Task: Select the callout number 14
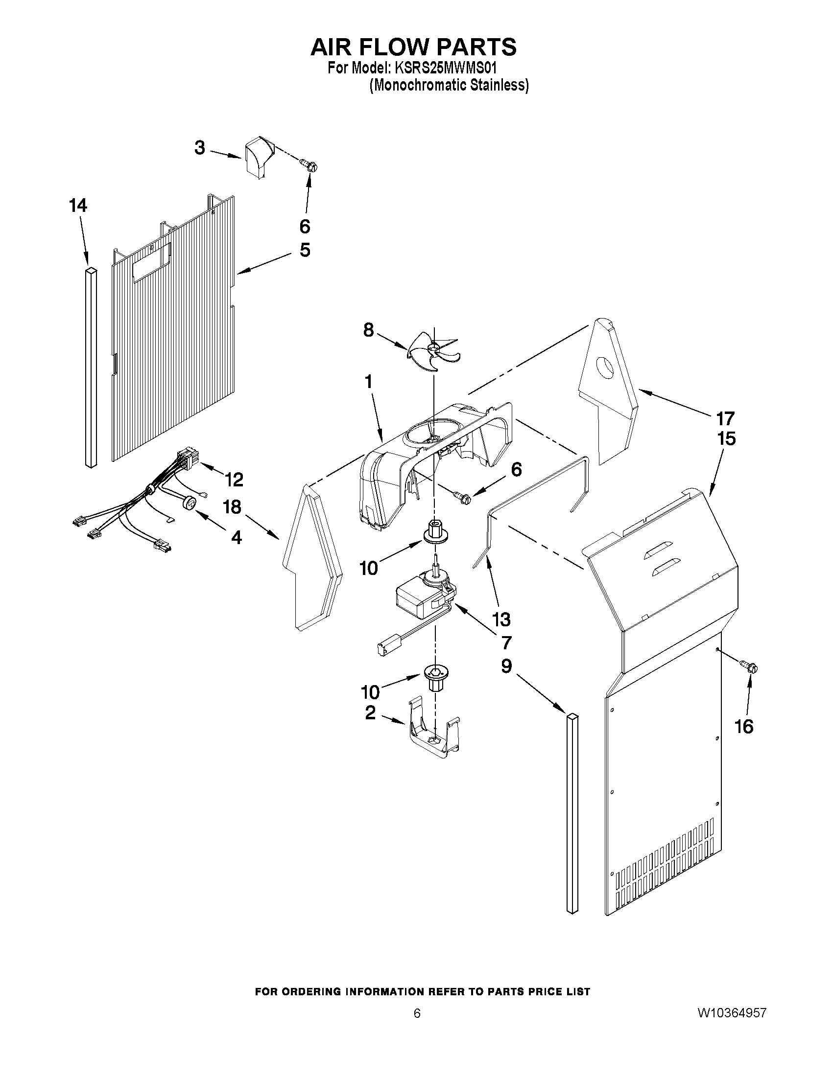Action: pyautogui.click(x=78, y=206)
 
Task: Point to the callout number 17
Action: pyautogui.click(x=725, y=419)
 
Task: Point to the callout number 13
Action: pyautogui.click(x=501, y=619)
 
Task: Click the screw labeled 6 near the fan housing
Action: pyautogui.click(x=463, y=498)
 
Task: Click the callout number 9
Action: pyautogui.click(x=506, y=666)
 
